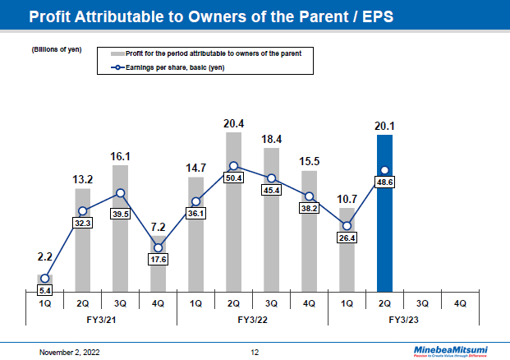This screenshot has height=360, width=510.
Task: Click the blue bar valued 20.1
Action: pyautogui.click(x=385, y=238)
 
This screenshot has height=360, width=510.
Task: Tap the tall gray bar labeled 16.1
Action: pyautogui.click(x=120, y=247)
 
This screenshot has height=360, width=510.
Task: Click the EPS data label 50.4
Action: pyautogui.click(x=233, y=178)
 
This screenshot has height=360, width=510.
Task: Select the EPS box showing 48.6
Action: pyautogui.click(x=385, y=184)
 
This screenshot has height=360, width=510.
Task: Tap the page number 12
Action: pyautogui.click(x=255, y=352)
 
